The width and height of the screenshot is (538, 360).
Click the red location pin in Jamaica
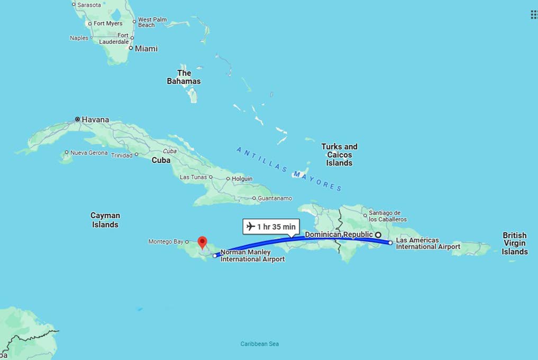point(202,242)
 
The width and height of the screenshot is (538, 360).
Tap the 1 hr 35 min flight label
point(276,227)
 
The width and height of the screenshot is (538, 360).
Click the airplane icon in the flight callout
point(251,227)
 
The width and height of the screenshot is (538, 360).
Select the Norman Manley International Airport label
point(252,256)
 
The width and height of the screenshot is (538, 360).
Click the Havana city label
point(95,119)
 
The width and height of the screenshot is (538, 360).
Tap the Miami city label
point(146,49)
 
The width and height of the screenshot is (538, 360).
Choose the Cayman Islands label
point(105,220)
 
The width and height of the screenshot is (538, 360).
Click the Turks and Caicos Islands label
point(339,155)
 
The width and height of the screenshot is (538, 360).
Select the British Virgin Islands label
point(515,243)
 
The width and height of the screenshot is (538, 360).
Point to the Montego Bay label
point(166,242)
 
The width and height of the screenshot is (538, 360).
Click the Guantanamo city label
point(275,198)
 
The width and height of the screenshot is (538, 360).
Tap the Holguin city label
point(242,179)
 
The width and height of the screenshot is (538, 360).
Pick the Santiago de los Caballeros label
point(388,216)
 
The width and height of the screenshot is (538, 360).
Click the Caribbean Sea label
point(259,344)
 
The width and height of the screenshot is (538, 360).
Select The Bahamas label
point(184,77)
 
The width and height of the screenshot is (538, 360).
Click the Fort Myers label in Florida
point(108,23)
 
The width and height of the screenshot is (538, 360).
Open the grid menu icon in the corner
point(534,14)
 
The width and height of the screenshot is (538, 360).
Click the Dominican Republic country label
point(339,234)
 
